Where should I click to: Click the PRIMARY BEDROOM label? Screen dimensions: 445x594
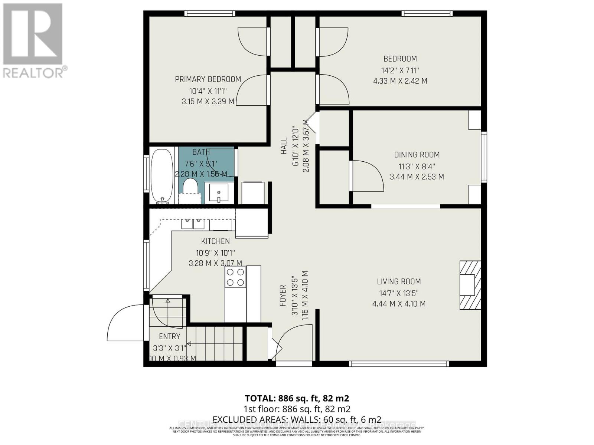[208, 79]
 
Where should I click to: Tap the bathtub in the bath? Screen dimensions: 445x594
[161, 176]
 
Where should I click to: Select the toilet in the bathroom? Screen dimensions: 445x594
[190, 187]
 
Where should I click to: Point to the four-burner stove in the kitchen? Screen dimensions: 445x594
[235, 277]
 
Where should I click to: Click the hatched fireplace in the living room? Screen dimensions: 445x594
[470, 285]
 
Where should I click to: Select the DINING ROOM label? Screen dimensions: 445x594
[417, 155]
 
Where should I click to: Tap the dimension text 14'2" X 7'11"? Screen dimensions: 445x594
[400, 70]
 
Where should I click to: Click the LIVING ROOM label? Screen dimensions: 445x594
[399, 281]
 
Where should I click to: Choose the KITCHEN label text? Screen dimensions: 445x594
[215, 241]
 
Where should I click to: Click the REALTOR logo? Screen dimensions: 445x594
[33, 41]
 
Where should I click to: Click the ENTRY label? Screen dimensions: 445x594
[169, 336]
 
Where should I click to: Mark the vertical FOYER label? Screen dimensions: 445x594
[283, 296]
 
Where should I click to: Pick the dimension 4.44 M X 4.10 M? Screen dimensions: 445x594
[399, 304]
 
